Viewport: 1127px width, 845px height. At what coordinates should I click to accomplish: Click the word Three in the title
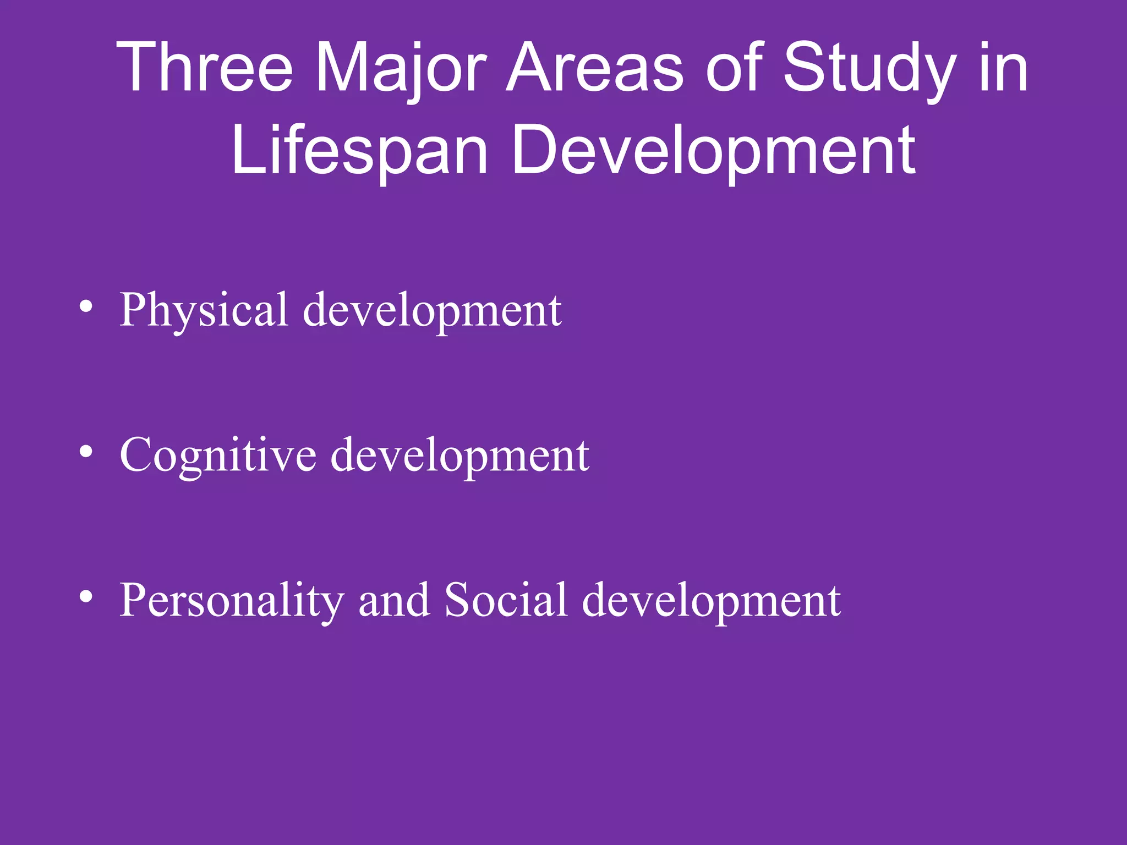coord(205,69)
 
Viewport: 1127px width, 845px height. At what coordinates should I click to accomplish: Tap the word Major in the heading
coord(401,69)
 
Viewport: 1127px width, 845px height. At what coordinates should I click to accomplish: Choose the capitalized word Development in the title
coord(714,150)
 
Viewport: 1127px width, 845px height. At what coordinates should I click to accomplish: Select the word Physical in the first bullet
coord(204,310)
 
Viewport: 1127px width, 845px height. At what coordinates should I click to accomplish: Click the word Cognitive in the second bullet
coord(218,456)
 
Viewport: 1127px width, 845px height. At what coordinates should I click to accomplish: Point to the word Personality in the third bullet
coord(232,601)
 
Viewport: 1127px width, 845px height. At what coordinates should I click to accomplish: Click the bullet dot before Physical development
coord(85,307)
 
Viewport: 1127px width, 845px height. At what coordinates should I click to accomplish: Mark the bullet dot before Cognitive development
coord(85,452)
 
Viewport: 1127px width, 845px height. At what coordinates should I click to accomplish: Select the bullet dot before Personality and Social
coord(85,597)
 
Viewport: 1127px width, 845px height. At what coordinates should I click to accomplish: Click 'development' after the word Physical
coord(433,310)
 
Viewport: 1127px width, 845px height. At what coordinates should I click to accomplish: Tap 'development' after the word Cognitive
coord(460,456)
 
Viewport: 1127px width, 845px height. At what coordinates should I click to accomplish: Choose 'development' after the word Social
coord(711,601)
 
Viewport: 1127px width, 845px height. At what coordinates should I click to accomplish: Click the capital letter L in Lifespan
coord(242,150)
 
